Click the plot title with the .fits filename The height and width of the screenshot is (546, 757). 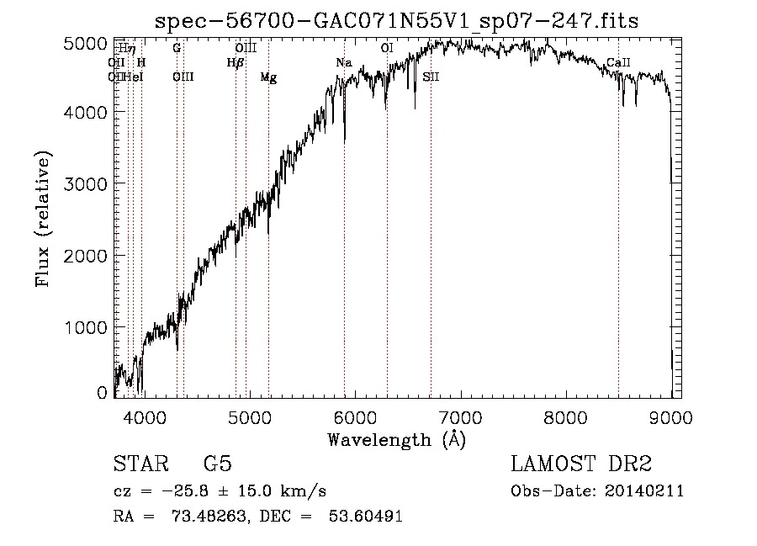[397, 21]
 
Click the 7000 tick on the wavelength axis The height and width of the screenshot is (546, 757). [459, 416]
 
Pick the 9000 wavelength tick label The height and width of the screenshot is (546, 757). [670, 416]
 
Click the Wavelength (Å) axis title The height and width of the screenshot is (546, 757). [395, 438]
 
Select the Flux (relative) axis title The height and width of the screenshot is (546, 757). [43, 219]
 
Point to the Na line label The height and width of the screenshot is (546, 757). [343, 63]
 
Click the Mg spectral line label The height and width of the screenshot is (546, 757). [268, 77]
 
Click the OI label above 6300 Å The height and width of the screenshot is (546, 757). [387, 49]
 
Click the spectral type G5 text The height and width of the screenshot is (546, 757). [217, 464]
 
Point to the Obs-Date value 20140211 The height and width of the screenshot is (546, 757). [646, 490]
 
